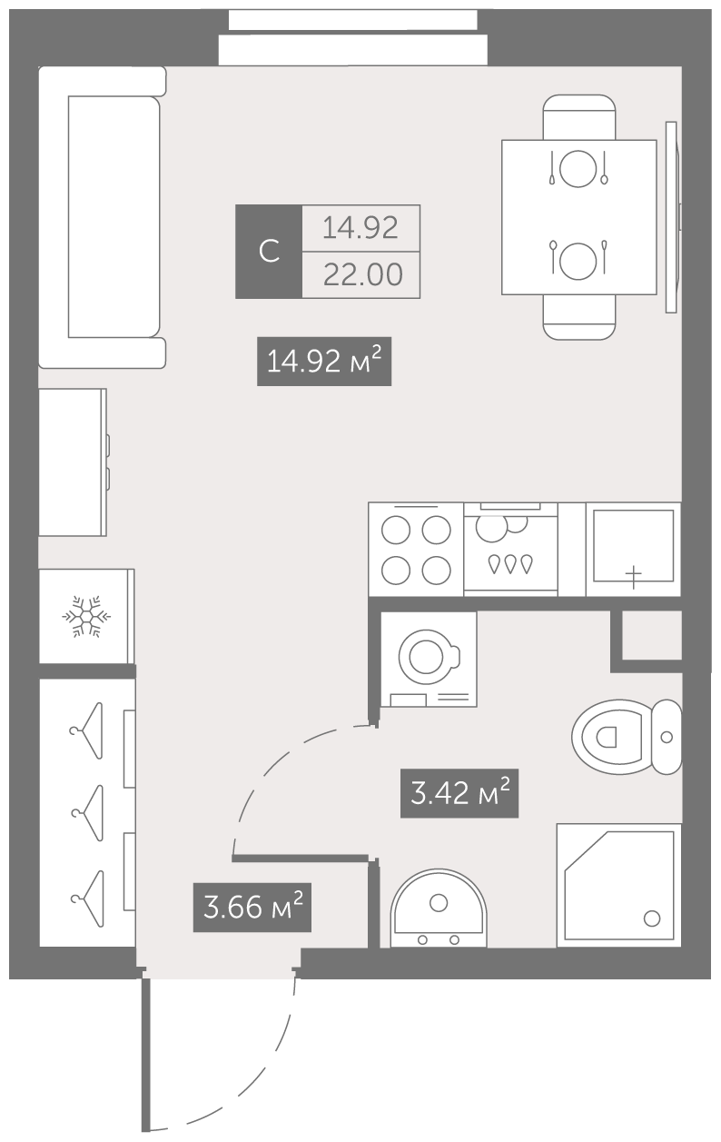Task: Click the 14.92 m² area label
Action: pyautogui.click(x=324, y=362)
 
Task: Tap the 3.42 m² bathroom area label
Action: pyautogui.click(x=459, y=793)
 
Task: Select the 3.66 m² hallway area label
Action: pyautogui.click(x=252, y=908)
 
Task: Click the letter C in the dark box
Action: pyautogui.click(x=269, y=252)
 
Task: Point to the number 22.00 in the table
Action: pyautogui.click(x=363, y=274)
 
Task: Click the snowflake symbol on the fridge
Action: pyautogui.click(x=86, y=616)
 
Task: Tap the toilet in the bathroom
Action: pyautogui.click(x=627, y=737)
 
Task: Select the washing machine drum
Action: pyautogui.click(x=427, y=658)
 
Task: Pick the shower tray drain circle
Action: pyautogui.click(x=652, y=919)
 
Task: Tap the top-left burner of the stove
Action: pyautogui.click(x=396, y=530)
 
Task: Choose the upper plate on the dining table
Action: pyautogui.click(x=578, y=168)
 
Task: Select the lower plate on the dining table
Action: pyautogui.click(x=578, y=261)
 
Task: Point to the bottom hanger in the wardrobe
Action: pyautogui.click(x=88, y=899)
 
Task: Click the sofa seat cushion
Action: pyautogui.click(x=114, y=216)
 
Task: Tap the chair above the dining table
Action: pyautogui.click(x=579, y=117)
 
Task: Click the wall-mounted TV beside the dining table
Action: pyautogui.click(x=672, y=217)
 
